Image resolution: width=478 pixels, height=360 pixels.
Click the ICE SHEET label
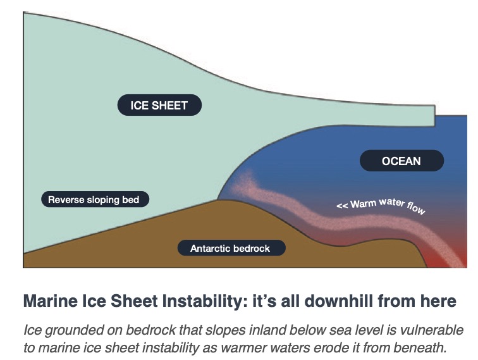click(x=159, y=105)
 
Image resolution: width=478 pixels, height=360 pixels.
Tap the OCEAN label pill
click(x=401, y=161)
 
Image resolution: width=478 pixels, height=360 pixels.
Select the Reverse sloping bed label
click(x=95, y=199)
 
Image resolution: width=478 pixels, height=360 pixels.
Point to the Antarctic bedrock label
click(x=231, y=248)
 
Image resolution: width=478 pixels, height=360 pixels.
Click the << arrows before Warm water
click(x=342, y=206)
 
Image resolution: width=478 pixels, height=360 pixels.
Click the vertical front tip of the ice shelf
click(x=435, y=116)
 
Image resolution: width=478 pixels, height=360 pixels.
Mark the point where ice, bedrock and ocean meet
click(x=218, y=199)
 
